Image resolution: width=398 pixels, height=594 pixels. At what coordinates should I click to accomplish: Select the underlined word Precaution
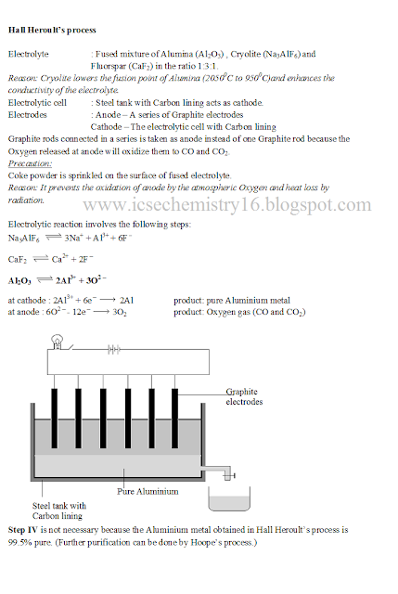pyautogui.click(x=30, y=163)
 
